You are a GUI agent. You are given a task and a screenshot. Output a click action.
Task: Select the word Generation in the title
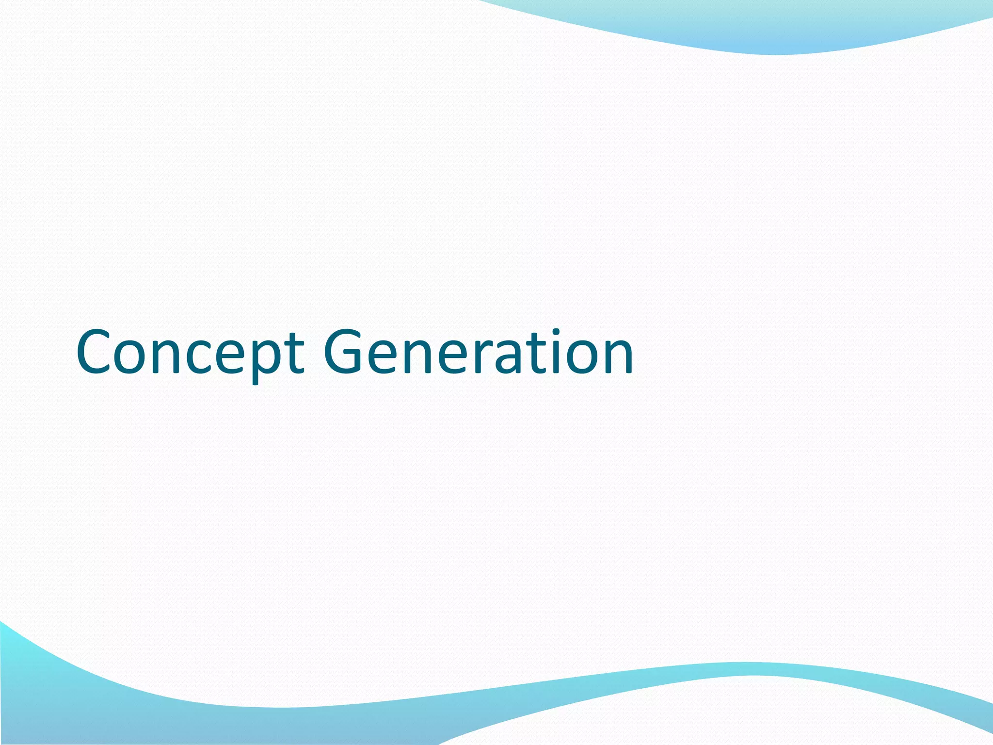coord(478,352)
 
